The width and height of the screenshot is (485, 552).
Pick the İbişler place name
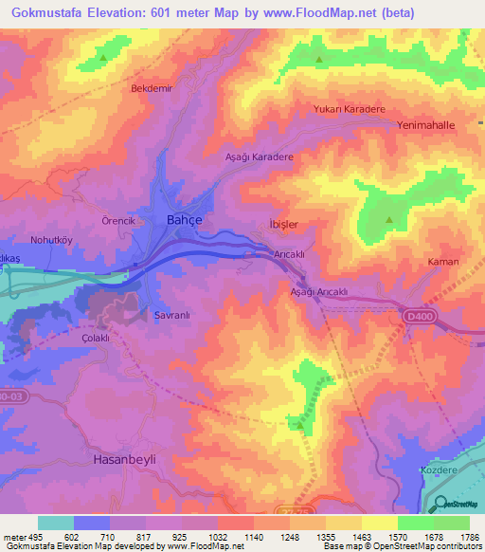coord(284,225)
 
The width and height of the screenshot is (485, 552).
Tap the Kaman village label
coord(443,262)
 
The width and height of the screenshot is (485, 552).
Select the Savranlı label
coord(173,315)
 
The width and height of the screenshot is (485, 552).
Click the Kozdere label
coord(438,470)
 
